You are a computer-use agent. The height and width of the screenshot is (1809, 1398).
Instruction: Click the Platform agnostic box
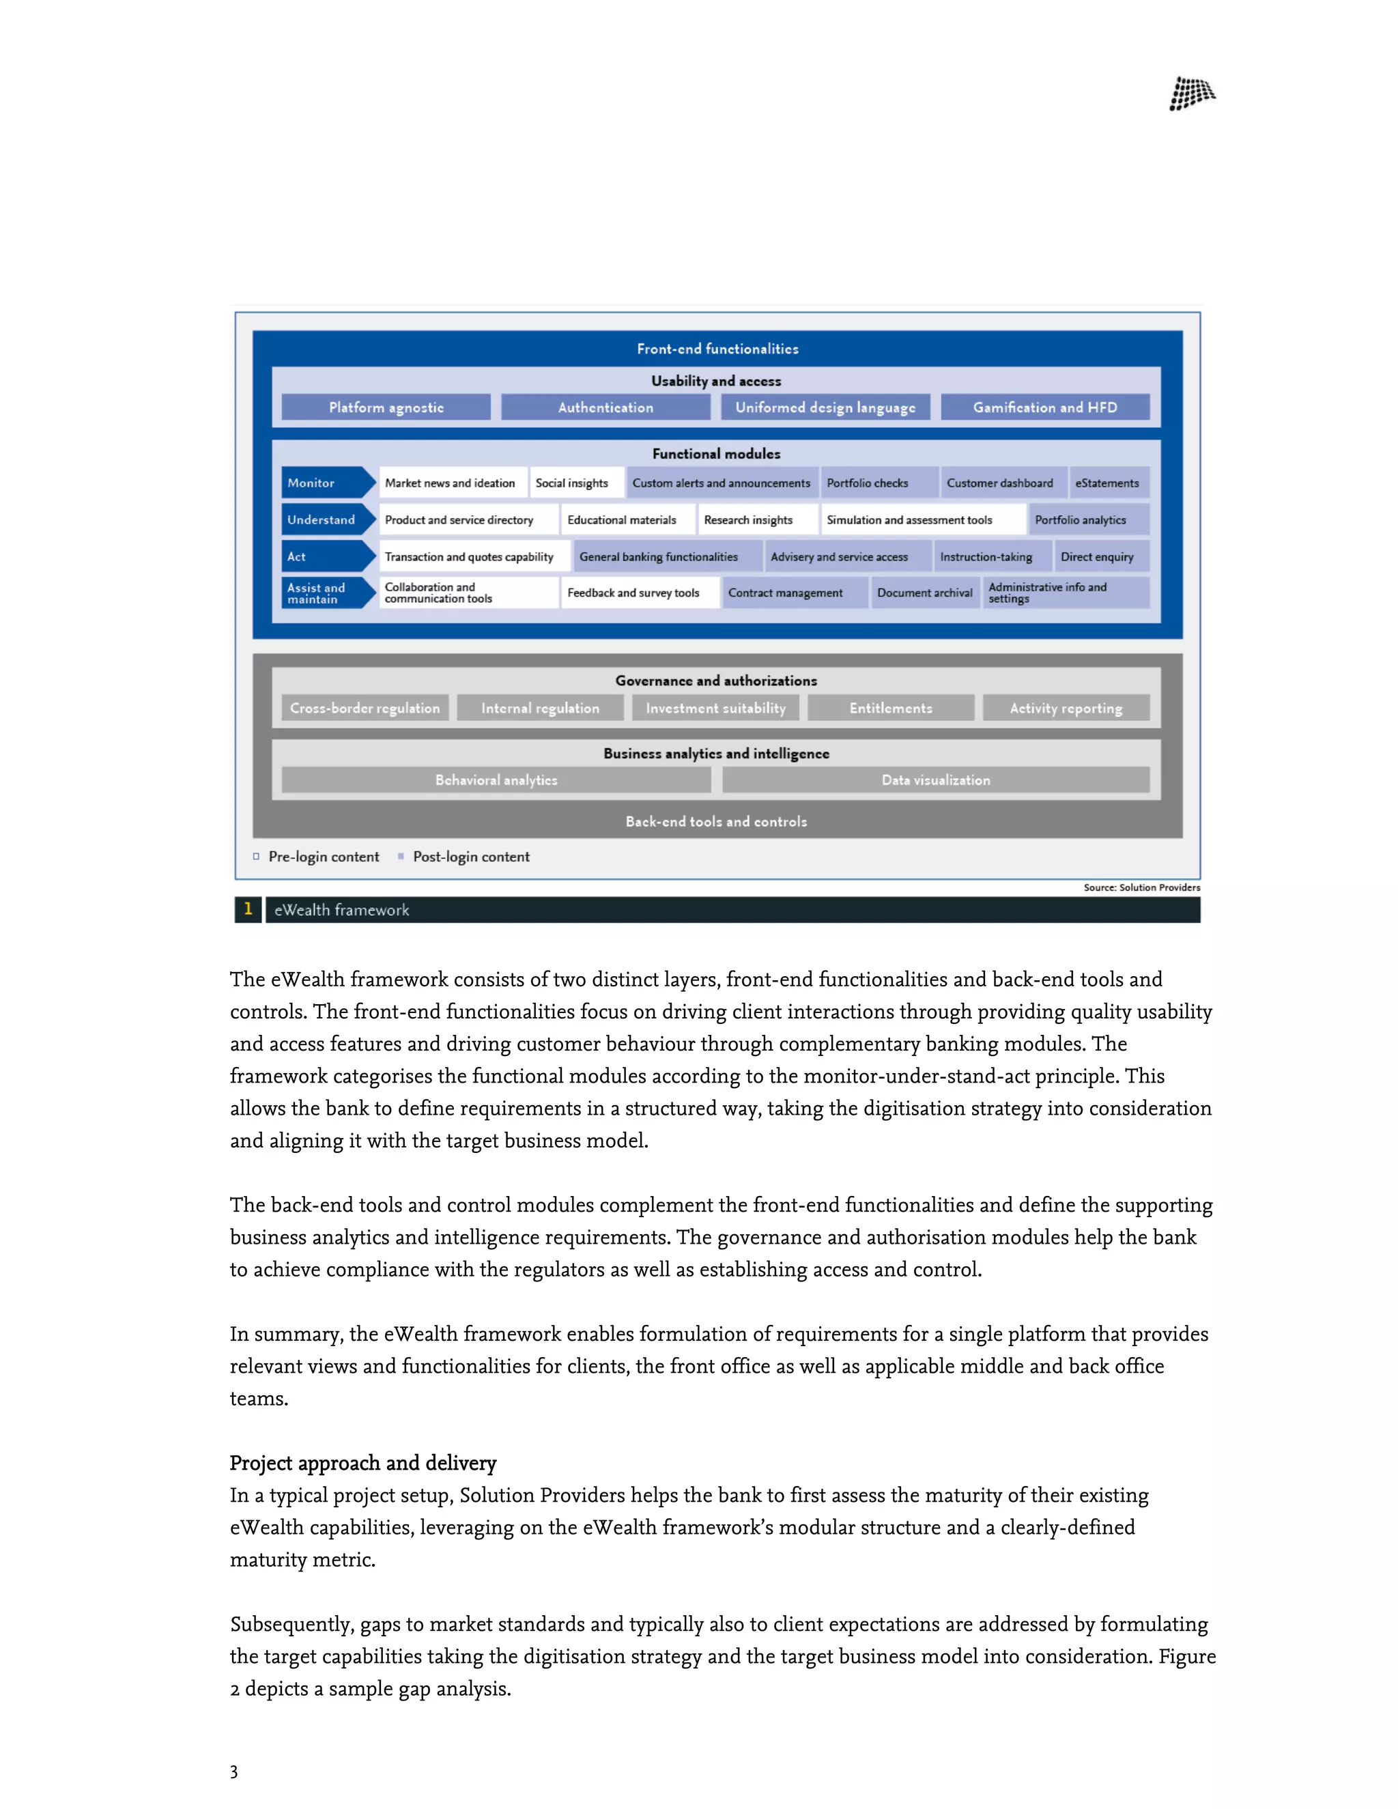coord(386,407)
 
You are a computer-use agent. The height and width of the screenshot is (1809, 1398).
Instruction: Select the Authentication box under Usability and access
coord(605,407)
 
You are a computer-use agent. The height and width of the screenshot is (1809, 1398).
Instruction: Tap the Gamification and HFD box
coord(1044,407)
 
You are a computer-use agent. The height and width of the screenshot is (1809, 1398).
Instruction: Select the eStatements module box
coord(1107,483)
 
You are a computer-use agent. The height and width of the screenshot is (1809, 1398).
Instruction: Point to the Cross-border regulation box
coord(365,708)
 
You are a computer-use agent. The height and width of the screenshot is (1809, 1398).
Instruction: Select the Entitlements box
coord(890,708)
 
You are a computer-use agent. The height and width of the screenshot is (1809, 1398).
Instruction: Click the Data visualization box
coord(935,780)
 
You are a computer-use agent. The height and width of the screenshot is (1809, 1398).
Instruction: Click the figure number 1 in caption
coord(248,909)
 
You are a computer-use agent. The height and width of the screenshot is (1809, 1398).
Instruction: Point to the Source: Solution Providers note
coord(1141,887)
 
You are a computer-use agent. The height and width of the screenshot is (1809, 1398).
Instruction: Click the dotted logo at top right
coord(1191,94)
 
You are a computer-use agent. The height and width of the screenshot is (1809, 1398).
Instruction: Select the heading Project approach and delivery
coord(362,1463)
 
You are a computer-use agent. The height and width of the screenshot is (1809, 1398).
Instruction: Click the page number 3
coord(234,1771)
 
